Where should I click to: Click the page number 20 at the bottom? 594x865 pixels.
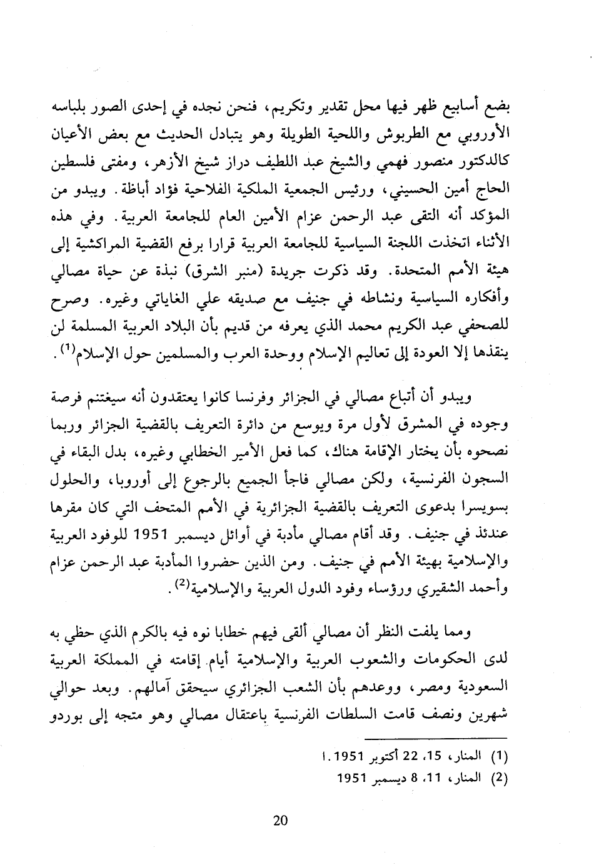[280, 821]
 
